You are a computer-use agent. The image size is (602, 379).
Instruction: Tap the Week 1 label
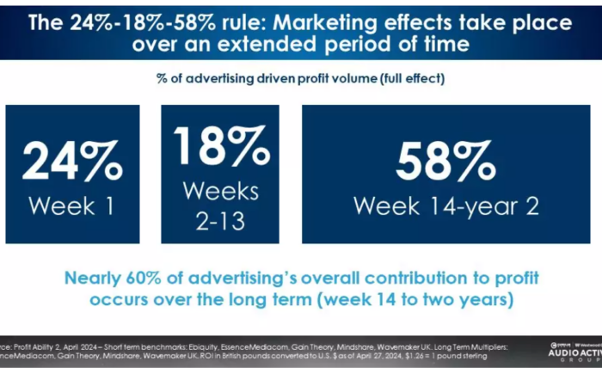(71, 205)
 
